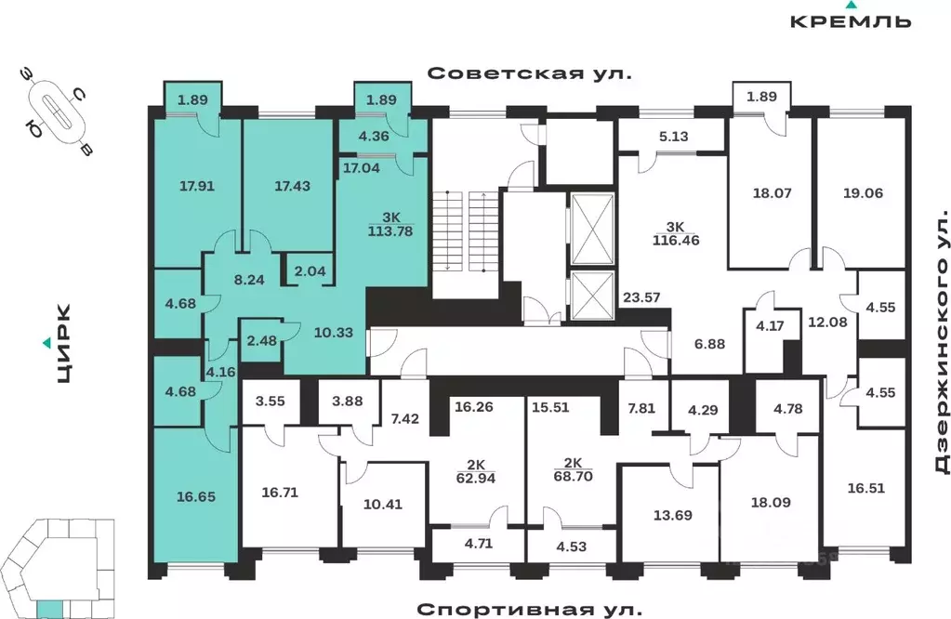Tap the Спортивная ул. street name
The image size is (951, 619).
tap(529, 609)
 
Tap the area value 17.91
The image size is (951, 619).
tap(196, 186)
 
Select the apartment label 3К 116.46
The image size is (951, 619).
tap(673, 232)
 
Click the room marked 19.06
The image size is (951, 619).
tap(862, 193)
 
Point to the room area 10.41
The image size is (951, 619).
tap(382, 507)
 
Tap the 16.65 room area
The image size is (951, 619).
tap(195, 497)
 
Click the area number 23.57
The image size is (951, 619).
tap(641, 297)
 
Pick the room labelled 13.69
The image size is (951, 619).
tap(669, 515)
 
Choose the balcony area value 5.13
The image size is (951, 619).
tap(673, 136)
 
